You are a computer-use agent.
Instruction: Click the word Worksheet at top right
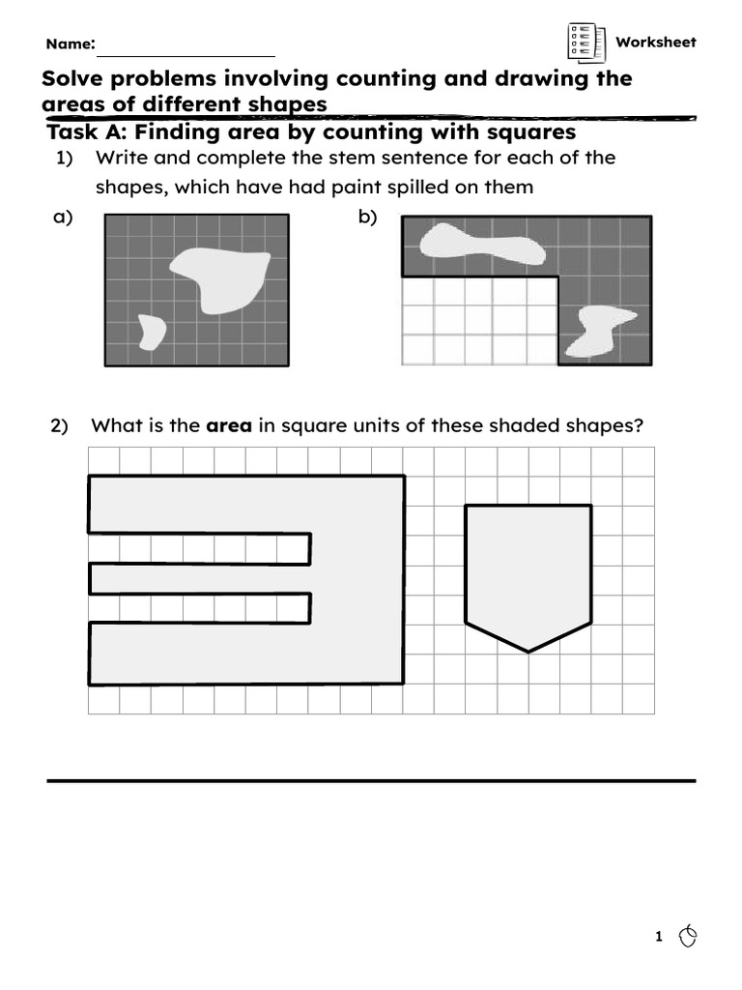pyautogui.click(x=655, y=42)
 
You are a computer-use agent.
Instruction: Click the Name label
pyautogui.click(x=70, y=44)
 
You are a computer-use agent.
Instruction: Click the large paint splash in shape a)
pyautogui.click(x=220, y=277)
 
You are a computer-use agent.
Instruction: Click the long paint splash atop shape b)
pyautogui.click(x=482, y=245)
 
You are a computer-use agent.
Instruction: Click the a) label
pyautogui.click(x=63, y=218)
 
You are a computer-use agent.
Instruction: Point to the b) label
pyautogui.click(x=367, y=218)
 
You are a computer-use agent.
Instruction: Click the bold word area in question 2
pyautogui.click(x=229, y=425)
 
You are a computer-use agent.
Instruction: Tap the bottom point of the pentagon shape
pyautogui.click(x=528, y=651)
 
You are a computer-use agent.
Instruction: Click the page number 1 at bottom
pyautogui.click(x=659, y=936)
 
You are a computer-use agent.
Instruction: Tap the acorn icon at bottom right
pyautogui.click(x=688, y=935)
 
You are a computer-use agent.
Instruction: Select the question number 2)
pyautogui.click(x=60, y=425)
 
